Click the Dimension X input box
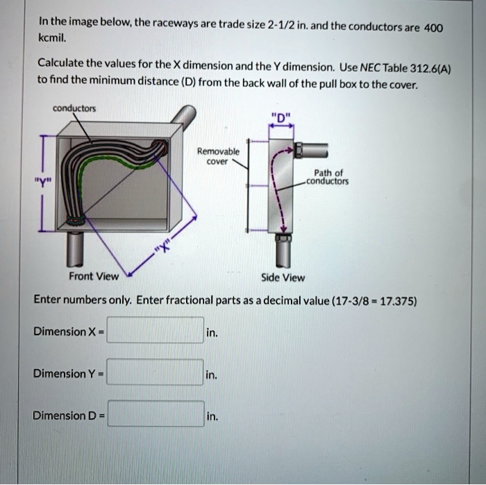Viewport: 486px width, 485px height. pos(156,331)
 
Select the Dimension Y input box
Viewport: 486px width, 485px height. pos(156,373)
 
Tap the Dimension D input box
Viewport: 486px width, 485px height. pos(156,416)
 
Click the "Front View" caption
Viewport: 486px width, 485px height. pos(94,276)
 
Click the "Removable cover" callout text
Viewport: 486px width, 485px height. pos(218,155)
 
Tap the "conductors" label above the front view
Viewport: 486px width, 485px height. pos(74,108)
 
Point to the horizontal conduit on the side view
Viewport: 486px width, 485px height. pos(313,149)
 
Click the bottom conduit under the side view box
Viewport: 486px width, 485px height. pos(283,252)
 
